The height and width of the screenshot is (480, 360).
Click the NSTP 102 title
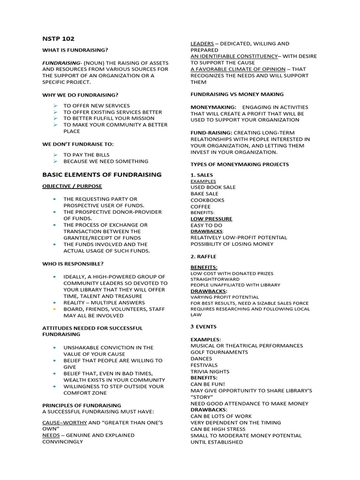(59, 39)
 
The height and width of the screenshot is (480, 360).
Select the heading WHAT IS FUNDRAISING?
(75, 50)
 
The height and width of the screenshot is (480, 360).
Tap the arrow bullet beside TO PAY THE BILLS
(55, 155)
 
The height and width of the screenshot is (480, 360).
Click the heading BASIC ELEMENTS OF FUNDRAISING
(102, 174)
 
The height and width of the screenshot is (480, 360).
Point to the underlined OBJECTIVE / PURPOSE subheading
(72, 186)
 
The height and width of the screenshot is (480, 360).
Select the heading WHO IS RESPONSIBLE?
(73, 263)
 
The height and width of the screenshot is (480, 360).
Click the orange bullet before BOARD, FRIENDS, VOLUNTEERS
(55, 309)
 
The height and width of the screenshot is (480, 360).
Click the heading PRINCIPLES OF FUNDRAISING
(82, 405)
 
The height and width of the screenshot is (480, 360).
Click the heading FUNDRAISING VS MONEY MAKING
(237, 94)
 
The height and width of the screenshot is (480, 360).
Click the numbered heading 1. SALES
(202, 175)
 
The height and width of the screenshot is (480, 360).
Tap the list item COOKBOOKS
(207, 200)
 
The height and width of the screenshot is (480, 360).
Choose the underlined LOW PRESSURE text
(211, 219)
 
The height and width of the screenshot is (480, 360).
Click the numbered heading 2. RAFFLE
(203, 257)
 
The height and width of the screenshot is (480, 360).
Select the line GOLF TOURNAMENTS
(219, 352)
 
